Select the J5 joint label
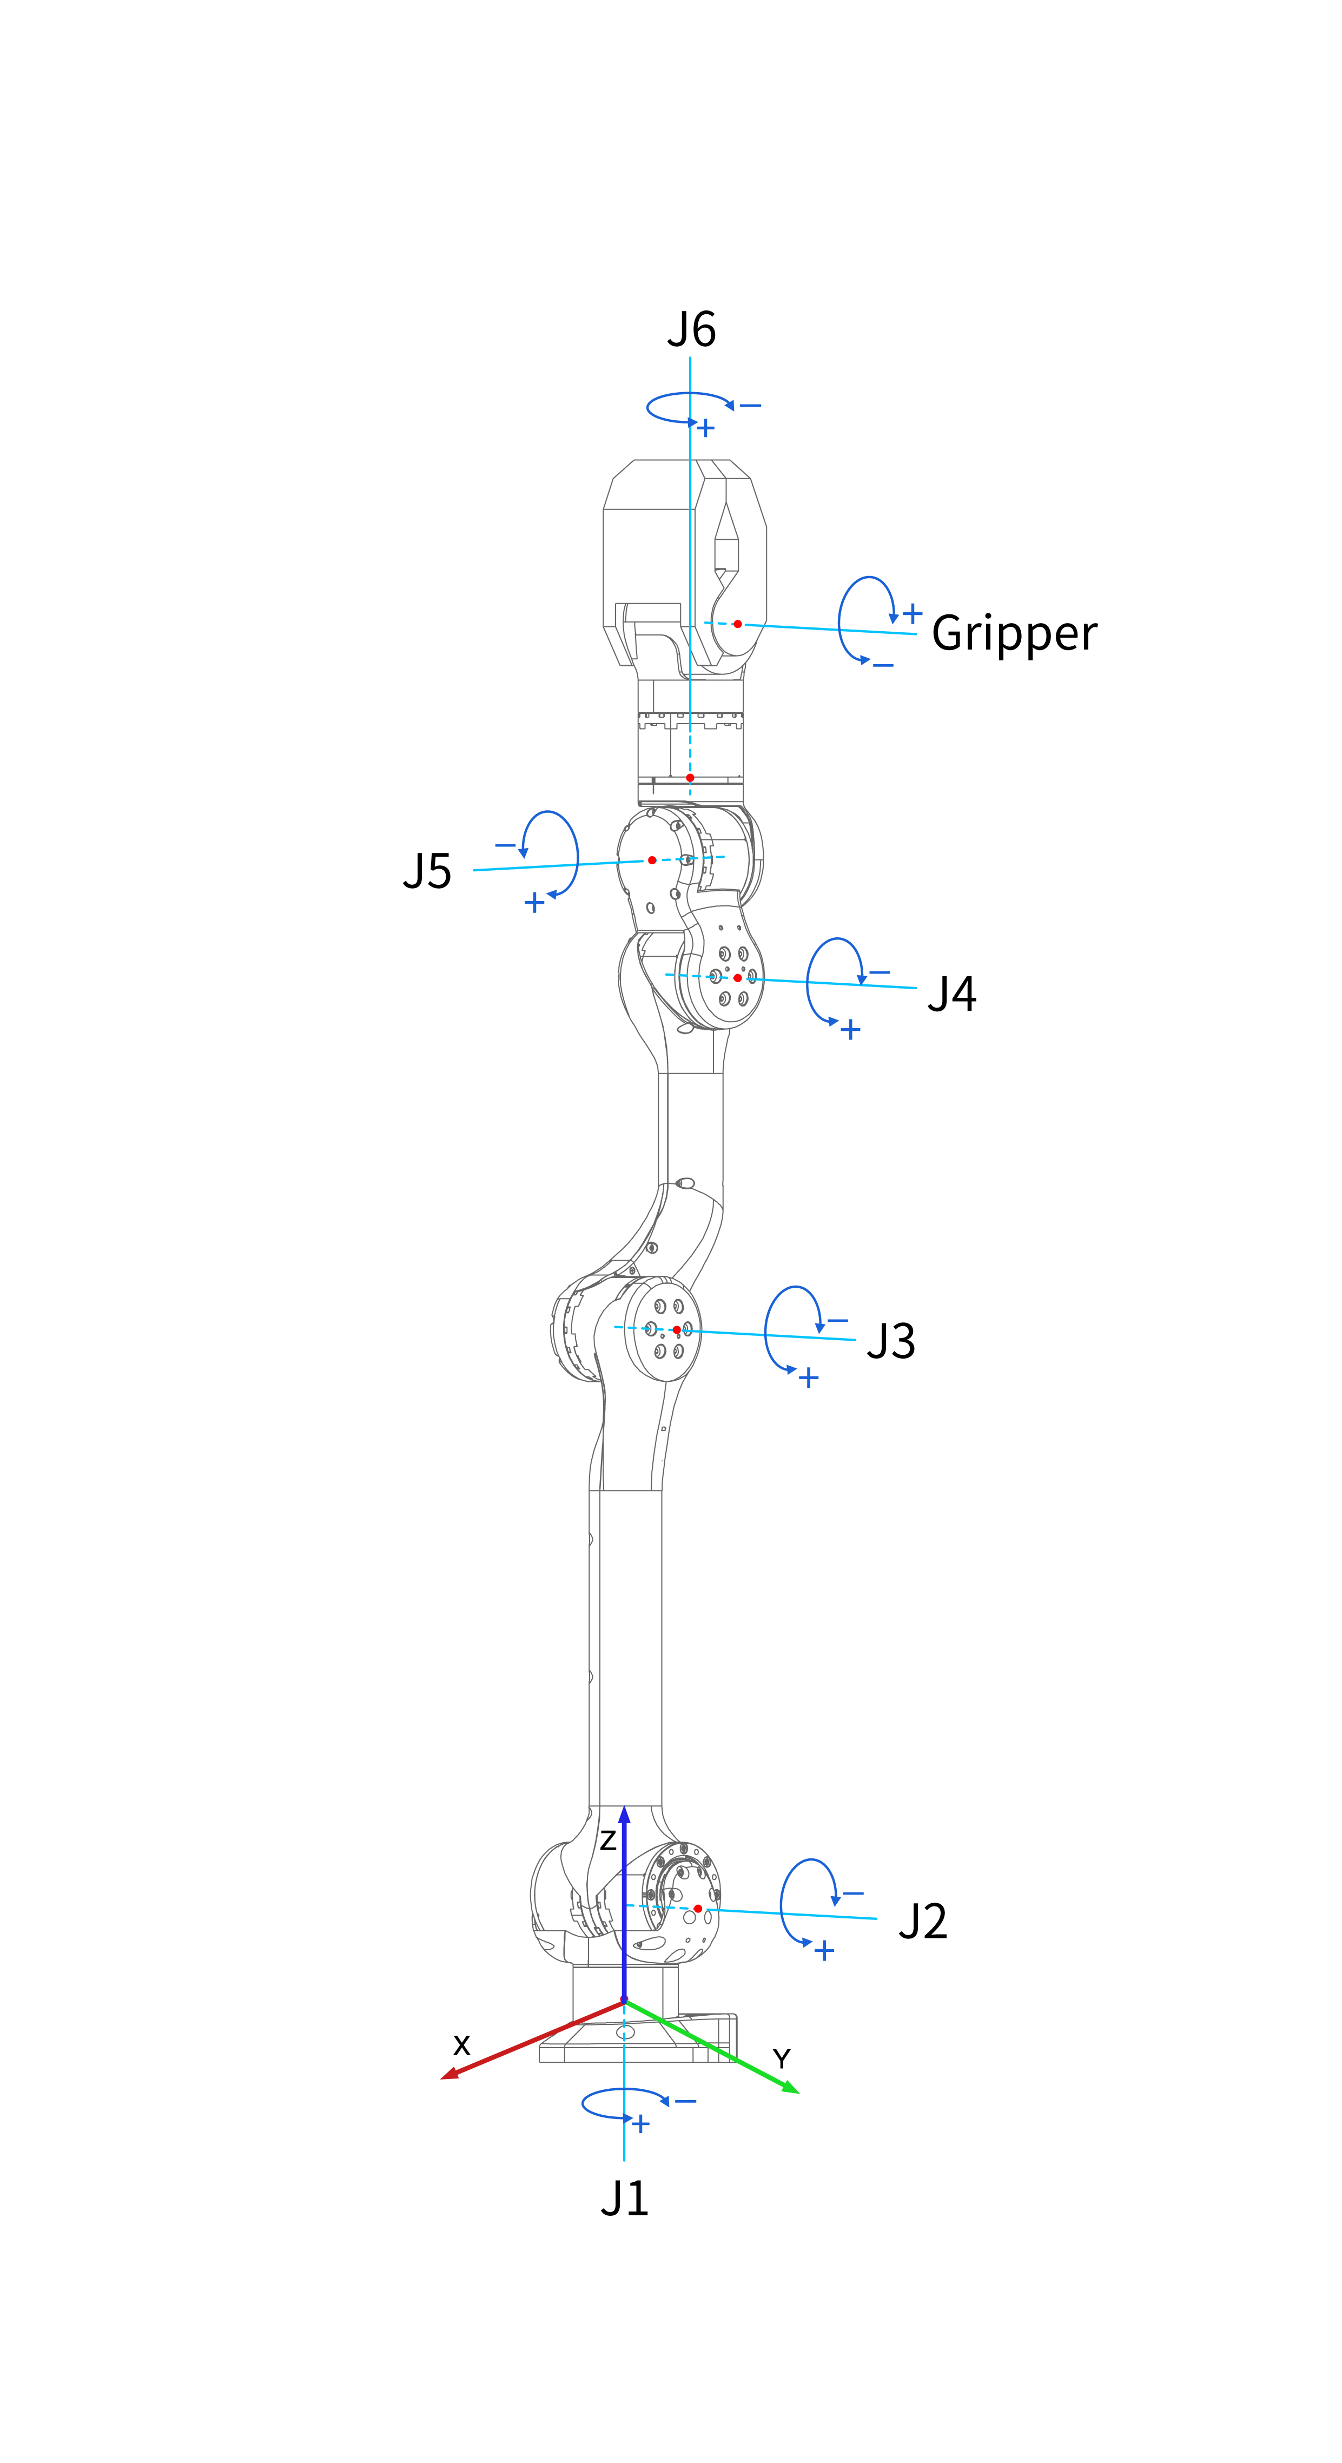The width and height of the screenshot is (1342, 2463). tap(427, 871)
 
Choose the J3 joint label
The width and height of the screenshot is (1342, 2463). tap(890, 1341)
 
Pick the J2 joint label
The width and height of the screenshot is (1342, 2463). tap(922, 1922)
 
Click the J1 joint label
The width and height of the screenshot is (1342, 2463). tap(625, 2198)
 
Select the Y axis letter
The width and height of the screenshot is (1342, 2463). tap(782, 2058)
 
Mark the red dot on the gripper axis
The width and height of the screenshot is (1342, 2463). tap(737, 624)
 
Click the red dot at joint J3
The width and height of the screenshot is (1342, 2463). tap(676, 1330)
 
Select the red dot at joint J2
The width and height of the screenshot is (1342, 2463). tap(697, 1909)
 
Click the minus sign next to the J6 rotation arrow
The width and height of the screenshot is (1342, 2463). tap(751, 406)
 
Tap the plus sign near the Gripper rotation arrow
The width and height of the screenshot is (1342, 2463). tap(913, 613)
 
